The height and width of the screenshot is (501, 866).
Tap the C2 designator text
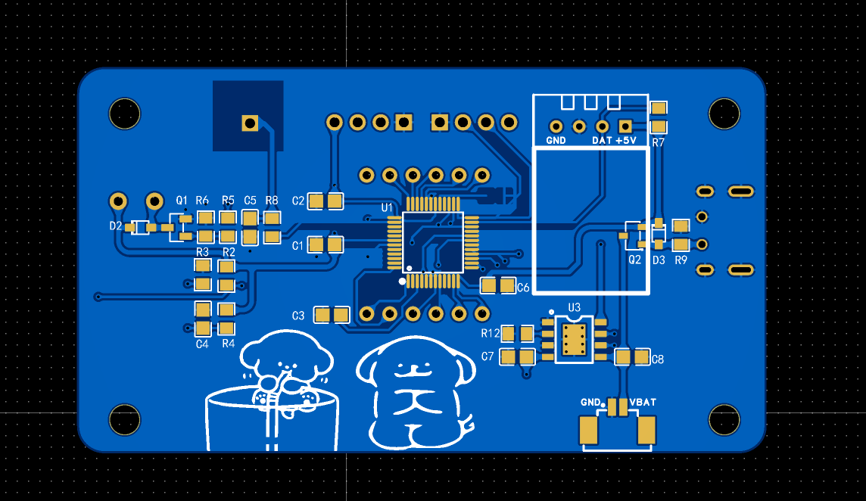click(x=297, y=201)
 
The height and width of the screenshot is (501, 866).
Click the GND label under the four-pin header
click(x=556, y=141)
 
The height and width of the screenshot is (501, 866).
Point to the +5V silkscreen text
click(x=626, y=141)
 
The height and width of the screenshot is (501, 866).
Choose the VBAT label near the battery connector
click(x=643, y=402)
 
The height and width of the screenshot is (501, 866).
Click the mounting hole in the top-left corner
click(x=125, y=114)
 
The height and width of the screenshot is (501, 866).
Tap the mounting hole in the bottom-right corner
click(x=724, y=420)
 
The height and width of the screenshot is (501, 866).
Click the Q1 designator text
click(x=182, y=200)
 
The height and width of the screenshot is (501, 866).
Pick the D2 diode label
click(x=115, y=226)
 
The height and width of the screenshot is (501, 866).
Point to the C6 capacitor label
click(x=523, y=288)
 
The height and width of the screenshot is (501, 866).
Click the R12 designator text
click(x=490, y=333)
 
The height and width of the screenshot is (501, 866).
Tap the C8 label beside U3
click(x=657, y=359)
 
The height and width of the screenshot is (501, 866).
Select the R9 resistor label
click(x=681, y=260)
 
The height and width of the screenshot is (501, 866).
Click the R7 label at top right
click(x=658, y=142)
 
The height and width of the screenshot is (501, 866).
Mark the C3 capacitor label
click(x=298, y=315)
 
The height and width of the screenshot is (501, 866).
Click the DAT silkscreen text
click(x=602, y=141)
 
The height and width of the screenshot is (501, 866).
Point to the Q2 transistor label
click(x=634, y=260)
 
